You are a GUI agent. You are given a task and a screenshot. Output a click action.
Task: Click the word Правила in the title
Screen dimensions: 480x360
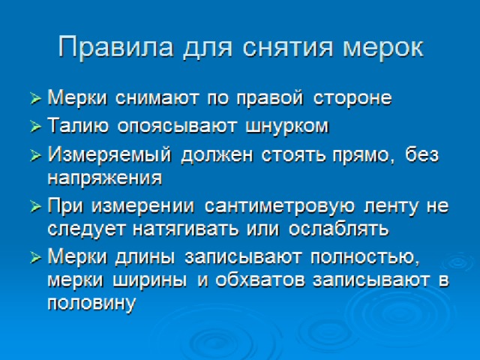coord(115,47)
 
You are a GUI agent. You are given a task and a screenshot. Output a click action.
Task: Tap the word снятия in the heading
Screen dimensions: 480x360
coord(288,48)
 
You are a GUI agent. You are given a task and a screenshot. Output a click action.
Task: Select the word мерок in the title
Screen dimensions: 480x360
coord(383,49)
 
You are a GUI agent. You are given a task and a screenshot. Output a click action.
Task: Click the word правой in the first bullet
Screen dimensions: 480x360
coord(270,98)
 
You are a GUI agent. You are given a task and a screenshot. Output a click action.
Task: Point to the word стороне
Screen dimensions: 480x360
coord(352,98)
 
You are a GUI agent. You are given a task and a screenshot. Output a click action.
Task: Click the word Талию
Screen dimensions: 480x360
coord(78,126)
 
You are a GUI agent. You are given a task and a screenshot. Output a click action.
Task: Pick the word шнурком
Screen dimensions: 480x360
coord(287,127)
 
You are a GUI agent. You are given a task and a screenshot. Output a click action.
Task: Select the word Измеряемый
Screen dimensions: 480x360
coord(109,155)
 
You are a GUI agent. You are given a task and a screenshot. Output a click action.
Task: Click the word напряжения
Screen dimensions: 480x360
coord(105,178)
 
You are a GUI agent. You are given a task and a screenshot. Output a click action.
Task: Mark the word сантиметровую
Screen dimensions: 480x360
coord(280,207)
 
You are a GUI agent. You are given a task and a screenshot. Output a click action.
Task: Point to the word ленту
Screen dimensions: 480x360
coord(391,207)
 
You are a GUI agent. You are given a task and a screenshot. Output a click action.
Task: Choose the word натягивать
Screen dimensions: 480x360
coord(185,229)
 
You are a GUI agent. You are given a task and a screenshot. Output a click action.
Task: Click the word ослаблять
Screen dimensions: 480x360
coord(338,228)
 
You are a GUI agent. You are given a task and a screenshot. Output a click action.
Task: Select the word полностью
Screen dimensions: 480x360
coord(364,256)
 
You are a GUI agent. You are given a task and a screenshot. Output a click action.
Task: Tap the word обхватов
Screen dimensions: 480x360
coord(260,280)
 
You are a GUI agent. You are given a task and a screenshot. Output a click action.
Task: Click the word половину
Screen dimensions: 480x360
coord(91,303)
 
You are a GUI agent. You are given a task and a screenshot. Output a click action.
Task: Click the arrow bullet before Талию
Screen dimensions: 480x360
coord(36,126)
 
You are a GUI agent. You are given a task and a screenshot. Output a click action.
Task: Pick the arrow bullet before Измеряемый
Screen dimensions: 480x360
coord(36,155)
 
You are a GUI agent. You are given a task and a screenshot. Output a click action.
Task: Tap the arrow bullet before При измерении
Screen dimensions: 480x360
coord(36,207)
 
